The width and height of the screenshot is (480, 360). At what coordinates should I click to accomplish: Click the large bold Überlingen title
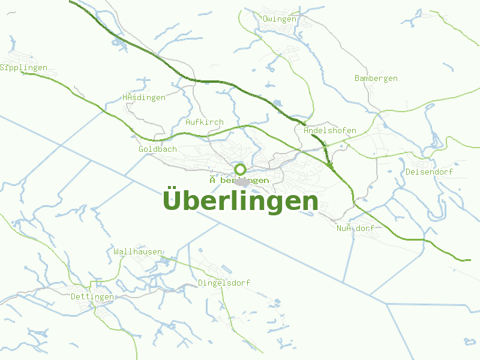240,201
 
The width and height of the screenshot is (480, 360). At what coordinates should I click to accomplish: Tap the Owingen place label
280,19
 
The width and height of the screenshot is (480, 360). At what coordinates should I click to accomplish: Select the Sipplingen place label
23,68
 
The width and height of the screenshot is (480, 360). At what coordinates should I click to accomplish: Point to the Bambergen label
376,79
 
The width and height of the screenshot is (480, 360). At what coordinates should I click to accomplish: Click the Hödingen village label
144,98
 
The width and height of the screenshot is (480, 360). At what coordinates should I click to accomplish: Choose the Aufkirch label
205,122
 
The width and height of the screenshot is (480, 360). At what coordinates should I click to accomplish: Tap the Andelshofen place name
330,131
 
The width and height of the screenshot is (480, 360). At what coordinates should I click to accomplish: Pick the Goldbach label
158,149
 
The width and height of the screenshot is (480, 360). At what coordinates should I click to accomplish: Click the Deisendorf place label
429,172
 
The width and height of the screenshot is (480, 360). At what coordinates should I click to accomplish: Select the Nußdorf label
356,229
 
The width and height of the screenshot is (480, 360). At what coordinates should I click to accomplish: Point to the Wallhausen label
137,252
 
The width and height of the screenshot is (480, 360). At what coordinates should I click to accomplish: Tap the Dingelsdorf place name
224,283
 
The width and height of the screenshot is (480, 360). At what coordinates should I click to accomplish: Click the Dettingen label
92,298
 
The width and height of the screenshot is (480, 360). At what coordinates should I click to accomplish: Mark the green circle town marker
241,169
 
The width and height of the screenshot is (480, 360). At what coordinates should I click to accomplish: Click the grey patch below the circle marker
242,182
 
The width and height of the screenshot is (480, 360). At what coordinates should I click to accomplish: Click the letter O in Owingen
265,19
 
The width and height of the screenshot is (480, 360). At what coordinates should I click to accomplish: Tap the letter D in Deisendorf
408,172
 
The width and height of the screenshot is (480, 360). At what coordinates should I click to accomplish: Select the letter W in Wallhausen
116,252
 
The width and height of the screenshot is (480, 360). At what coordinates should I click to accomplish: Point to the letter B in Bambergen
357,79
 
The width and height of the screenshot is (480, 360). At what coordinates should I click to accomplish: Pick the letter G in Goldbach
141,149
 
